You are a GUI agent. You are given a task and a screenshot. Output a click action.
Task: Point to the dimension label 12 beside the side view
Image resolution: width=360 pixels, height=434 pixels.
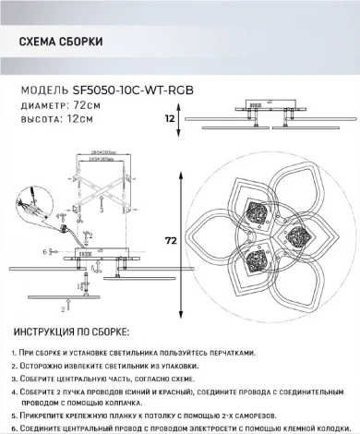[169, 118]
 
